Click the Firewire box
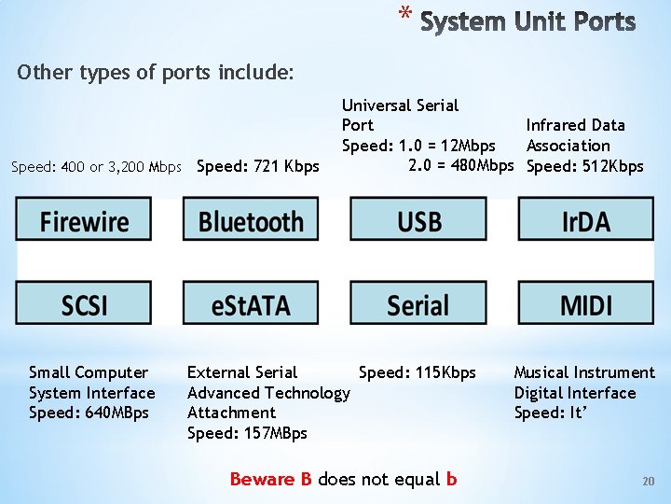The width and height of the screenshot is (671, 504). [84, 221]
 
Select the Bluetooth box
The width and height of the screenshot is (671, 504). [251, 221]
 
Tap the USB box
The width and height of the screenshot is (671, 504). [418, 221]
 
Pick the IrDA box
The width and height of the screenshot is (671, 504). [585, 221]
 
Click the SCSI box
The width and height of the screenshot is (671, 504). [84, 304]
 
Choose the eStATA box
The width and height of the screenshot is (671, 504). [251, 304]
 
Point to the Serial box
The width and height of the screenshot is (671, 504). [418, 304]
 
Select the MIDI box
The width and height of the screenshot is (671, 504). [585, 304]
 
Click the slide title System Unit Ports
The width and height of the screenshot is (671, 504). [527, 21]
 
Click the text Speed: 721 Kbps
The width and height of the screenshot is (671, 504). [258, 166]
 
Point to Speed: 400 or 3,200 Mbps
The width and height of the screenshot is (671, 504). [96, 167]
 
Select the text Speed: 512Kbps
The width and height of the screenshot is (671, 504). [585, 166]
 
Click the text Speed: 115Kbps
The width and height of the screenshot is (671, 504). [417, 372]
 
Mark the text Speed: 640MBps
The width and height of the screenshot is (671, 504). [89, 413]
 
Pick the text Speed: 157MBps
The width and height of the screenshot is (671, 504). [247, 433]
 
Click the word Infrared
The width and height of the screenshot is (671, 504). [557, 125]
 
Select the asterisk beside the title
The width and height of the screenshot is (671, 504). [404, 14]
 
